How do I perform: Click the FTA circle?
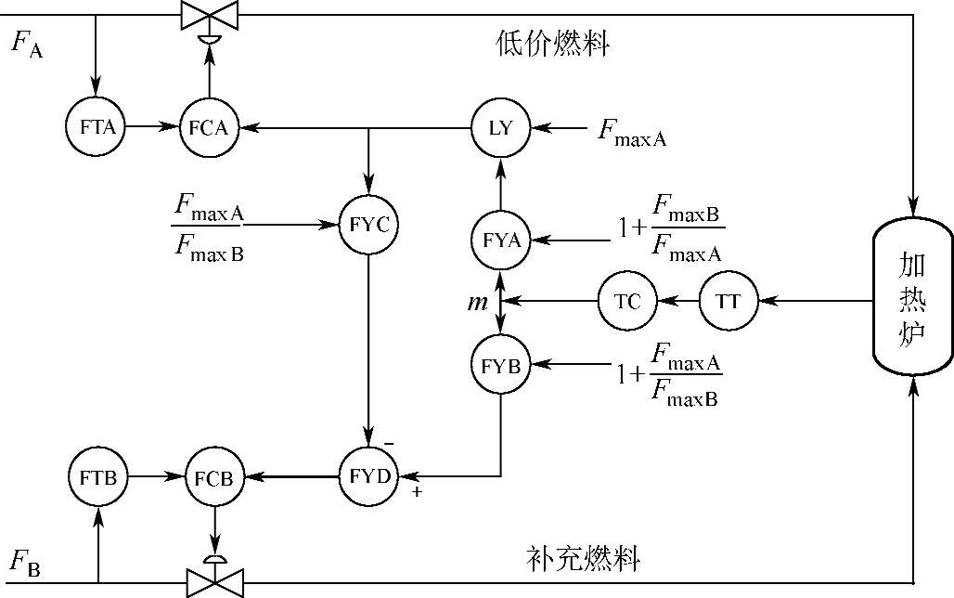coord(97,127)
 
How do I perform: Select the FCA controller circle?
coord(208,127)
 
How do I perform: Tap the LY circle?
coord(500,127)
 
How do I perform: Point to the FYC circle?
coord(368,225)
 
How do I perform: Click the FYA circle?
coord(500,240)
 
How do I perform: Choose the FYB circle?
coord(500,364)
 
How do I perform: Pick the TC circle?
coord(628,301)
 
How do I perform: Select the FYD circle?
coord(368,476)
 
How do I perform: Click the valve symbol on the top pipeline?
coord(208,16)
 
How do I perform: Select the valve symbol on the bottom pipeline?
coord(214,583)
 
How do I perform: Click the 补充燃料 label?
coord(583,558)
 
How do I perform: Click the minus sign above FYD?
coord(389,444)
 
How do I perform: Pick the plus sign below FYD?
coord(417,492)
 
